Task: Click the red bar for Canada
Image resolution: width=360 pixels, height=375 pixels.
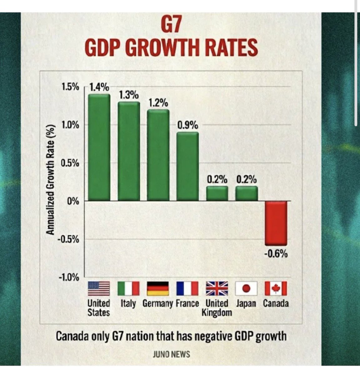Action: pyautogui.click(x=276, y=223)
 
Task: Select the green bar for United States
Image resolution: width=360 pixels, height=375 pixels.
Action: pyautogui.click(x=99, y=147)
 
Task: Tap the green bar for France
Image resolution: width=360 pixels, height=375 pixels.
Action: pyautogui.click(x=188, y=166)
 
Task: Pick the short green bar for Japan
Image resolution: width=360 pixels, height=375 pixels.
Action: pyautogui.click(x=246, y=193)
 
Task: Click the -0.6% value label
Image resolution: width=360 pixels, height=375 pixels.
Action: pyautogui.click(x=276, y=254)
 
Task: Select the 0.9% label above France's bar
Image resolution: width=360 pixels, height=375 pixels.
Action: pyautogui.click(x=188, y=125)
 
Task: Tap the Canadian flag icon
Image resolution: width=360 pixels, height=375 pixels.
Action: pyautogui.click(x=276, y=288)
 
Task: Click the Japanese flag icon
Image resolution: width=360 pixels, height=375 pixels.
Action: pyautogui.click(x=246, y=288)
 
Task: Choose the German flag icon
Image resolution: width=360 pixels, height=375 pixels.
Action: pyautogui.click(x=158, y=288)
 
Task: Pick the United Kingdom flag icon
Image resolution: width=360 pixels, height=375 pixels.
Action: pyautogui.click(x=217, y=288)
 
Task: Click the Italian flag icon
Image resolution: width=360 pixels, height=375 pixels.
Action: pyautogui.click(x=128, y=288)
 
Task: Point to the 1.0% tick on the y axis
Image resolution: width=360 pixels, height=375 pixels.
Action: pyautogui.click(x=71, y=125)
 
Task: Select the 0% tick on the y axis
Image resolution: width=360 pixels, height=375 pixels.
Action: pyautogui.click(x=74, y=201)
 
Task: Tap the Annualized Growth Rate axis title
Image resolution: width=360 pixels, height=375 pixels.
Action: pyautogui.click(x=51, y=180)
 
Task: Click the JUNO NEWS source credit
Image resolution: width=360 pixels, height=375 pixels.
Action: pyautogui.click(x=171, y=354)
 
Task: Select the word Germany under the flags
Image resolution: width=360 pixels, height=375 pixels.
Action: pyautogui.click(x=157, y=303)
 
